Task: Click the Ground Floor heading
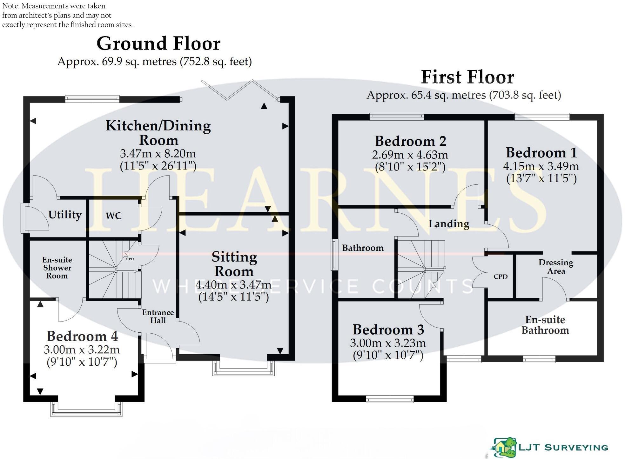tap(158, 43)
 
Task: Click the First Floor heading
tap(467, 77)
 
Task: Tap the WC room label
tap(113, 216)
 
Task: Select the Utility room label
tap(65, 215)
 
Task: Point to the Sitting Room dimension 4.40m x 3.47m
tap(233, 285)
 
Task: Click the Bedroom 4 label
tap(82, 336)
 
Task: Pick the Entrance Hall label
tap(158, 316)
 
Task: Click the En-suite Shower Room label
tap(57, 268)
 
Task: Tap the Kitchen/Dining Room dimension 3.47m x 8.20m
tap(158, 154)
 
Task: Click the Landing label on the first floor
tap(449, 224)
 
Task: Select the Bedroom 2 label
tap(410, 141)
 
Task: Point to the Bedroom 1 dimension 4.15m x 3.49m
tap(541, 166)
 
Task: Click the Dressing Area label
tap(556, 267)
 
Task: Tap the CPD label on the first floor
tap(501, 276)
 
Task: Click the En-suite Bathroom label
tap(545, 325)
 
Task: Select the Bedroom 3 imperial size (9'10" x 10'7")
tap(388, 355)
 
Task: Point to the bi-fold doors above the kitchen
tap(240, 90)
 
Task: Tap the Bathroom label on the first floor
tap(363, 248)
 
